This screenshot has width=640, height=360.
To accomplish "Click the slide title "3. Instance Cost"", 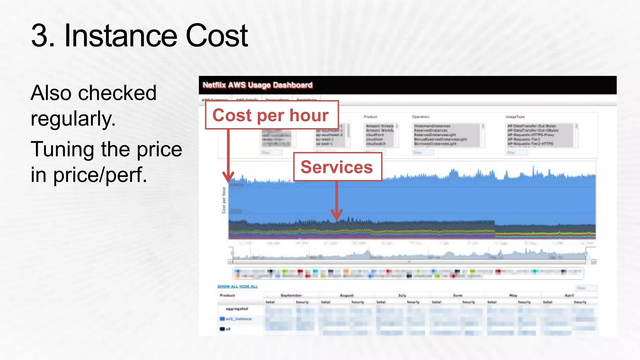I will click(x=139, y=36).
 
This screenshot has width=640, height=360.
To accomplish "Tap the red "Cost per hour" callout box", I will click(x=271, y=115).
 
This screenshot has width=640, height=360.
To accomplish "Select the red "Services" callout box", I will click(x=337, y=167).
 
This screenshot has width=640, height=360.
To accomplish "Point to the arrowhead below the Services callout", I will click(x=337, y=215).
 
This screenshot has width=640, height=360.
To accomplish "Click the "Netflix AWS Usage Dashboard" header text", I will click(x=257, y=85).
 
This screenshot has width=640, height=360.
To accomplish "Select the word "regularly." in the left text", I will click(x=73, y=119).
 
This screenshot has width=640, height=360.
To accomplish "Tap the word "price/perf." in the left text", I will click(x=100, y=175).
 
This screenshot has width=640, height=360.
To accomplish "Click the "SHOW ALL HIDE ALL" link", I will click(x=237, y=287).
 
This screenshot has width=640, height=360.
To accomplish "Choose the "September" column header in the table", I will click(x=291, y=295).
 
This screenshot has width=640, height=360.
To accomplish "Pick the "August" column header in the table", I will click(x=347, y=295).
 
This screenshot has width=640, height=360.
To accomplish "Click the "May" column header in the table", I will click(x=513, y=295).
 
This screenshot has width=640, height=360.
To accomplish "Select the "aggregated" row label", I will click(x=237, y=309).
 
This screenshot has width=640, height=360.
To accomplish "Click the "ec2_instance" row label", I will click(x=239, y=319).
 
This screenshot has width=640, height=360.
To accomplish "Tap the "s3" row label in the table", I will click(x=228, y=329).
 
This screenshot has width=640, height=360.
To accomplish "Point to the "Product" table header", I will click(x=227, y=295).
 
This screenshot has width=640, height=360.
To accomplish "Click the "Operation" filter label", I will click(x=421, y=117).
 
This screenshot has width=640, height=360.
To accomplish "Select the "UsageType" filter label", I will click(x=515, y=117).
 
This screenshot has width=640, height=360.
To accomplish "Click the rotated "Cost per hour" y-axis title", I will click(x=224, y=200).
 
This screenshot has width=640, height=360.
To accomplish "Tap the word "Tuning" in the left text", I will click(x=62, y=149).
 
